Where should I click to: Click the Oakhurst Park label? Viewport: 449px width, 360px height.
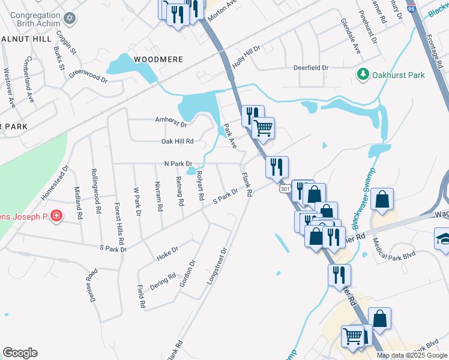[x=399, y=75]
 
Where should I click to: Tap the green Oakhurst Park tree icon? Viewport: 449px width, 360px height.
[x=363, y=75]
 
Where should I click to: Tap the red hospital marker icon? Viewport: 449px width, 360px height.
[x=56, y=215]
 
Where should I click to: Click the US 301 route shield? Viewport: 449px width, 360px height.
[x=285, y=189]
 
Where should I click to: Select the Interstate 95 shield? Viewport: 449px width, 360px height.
[x=411, y=8]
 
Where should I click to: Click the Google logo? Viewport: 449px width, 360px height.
[x=20, y=353]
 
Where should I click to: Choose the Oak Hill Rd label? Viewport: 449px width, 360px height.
[x=177, y=142]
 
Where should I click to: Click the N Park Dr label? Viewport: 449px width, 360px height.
[x=178, y=164]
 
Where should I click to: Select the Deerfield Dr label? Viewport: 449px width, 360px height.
[x=310, y=68]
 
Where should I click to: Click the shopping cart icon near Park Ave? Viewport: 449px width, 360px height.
[x=263, y=127]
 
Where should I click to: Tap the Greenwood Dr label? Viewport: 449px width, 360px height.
[x=88, y=76]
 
